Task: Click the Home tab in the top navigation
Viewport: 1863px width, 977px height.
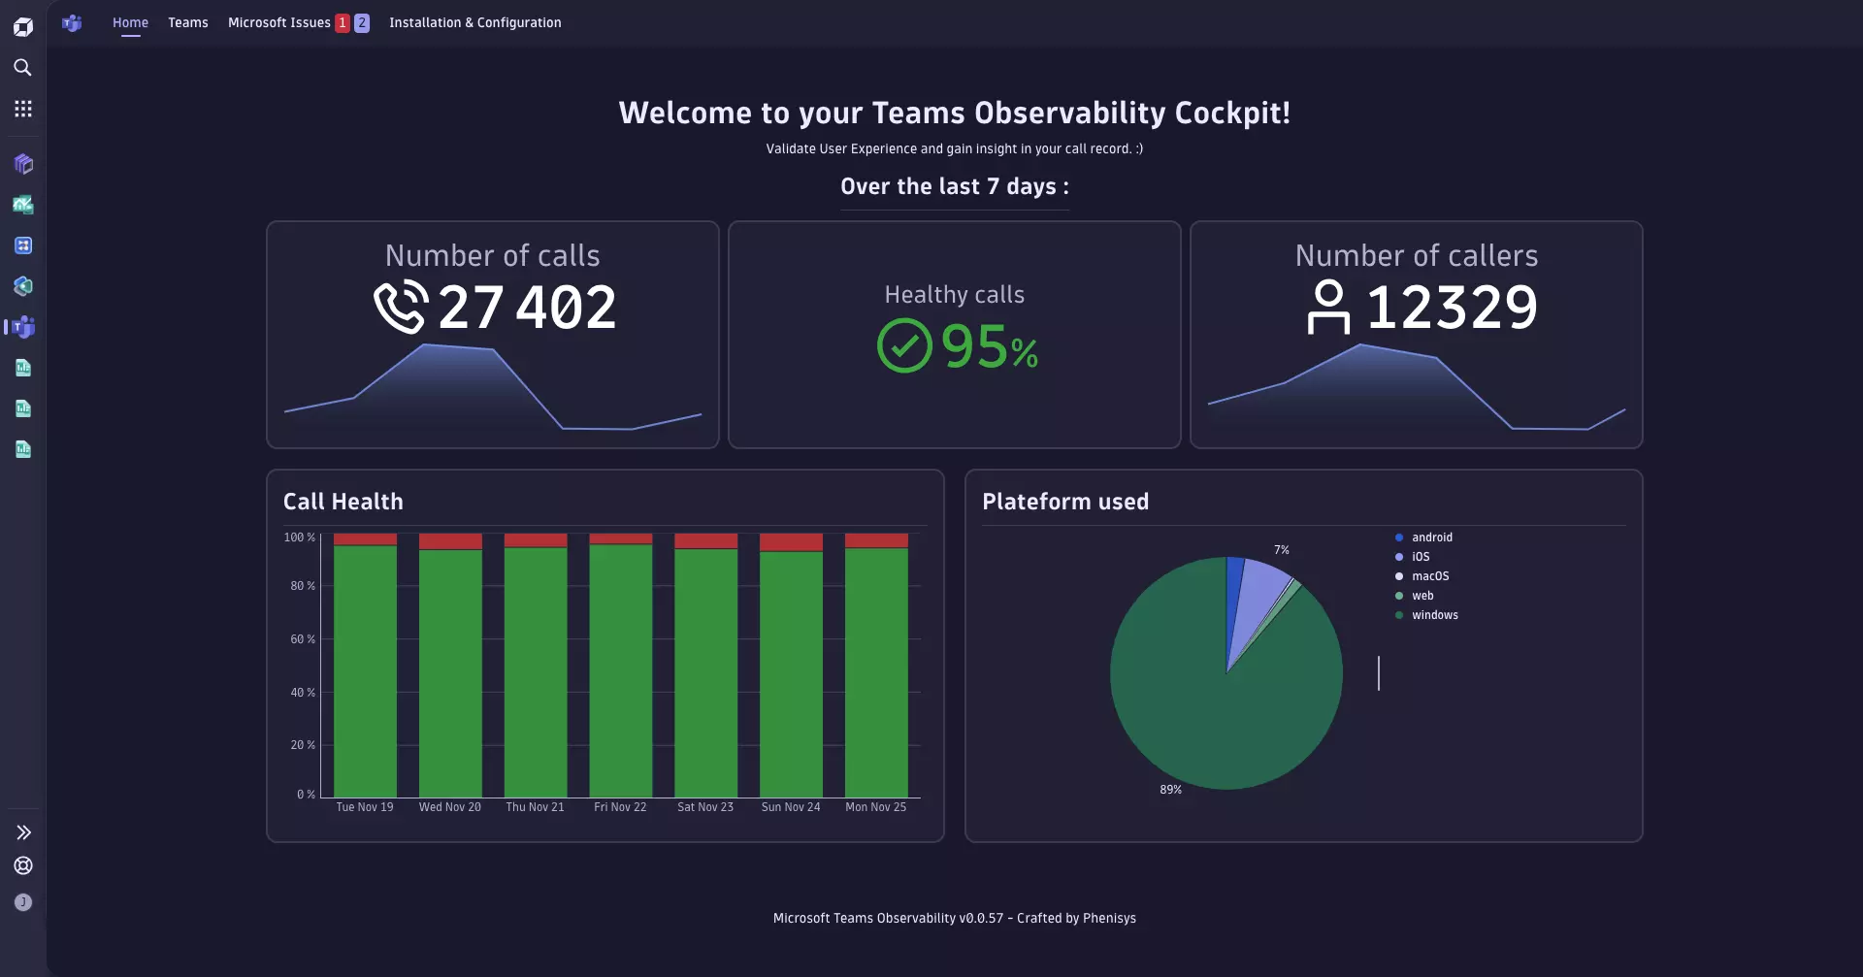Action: (130, 22)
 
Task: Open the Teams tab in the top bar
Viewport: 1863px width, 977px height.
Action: (187, 22)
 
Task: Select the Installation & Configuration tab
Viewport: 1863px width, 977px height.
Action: (474, 22)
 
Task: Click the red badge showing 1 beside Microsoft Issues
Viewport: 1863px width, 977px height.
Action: (343, 22)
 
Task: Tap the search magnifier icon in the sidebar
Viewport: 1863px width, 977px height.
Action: (23, 68)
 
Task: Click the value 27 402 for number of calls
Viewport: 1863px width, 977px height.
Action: (527, 308)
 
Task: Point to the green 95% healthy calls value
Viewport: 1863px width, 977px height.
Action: (989, 347)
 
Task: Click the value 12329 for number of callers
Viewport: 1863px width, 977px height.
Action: (1452, 308)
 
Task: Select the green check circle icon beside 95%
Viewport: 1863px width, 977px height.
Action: (904, 346)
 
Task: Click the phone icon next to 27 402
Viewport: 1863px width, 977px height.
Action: (401, 307)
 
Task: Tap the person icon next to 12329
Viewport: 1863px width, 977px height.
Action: (1328, 307)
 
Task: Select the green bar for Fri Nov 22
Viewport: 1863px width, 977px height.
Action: (620, 669)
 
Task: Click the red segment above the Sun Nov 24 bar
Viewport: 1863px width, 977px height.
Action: (791, 542)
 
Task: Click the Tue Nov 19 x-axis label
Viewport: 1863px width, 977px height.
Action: (365, 807)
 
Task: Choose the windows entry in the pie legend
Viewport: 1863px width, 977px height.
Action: (1434, 615)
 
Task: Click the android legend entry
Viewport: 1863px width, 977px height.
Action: (1431, 537)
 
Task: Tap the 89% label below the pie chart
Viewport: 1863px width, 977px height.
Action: (1170, 790)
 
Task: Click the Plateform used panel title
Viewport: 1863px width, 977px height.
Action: (1064, 502)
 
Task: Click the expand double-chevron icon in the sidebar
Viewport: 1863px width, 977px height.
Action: (23, 832)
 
